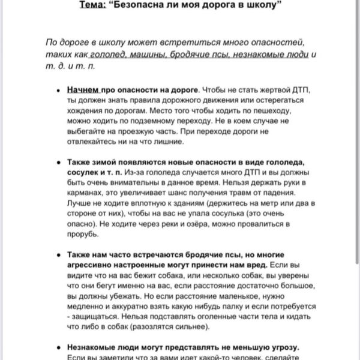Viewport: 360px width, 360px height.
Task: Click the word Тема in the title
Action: click(x=91, y=5)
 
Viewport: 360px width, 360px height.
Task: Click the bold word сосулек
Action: click(x=85, y=173)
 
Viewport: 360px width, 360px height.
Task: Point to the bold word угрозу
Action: click(x=281, y=347)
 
